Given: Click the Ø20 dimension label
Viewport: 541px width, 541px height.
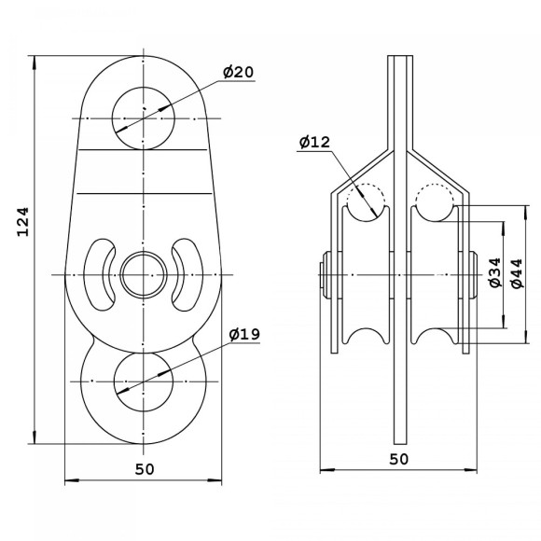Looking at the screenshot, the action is [x=238, y=72].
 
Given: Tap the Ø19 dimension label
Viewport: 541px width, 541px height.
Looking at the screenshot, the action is [x=244, y=334].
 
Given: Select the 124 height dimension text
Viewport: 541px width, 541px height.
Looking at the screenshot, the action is [x=22, y=221].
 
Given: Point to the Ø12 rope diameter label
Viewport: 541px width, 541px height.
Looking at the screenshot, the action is [x=314, y=142].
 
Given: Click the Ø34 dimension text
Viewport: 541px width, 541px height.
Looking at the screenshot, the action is [x=494, y=272].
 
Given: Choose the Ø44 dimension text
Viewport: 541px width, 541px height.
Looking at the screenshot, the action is [x=517, y=273].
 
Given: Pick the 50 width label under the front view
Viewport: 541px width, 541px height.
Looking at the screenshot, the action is [x=145, y=469].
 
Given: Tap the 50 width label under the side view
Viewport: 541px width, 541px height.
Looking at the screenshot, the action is [x=398, y=459].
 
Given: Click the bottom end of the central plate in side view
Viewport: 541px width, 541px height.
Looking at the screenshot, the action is [x=400, y=444].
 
